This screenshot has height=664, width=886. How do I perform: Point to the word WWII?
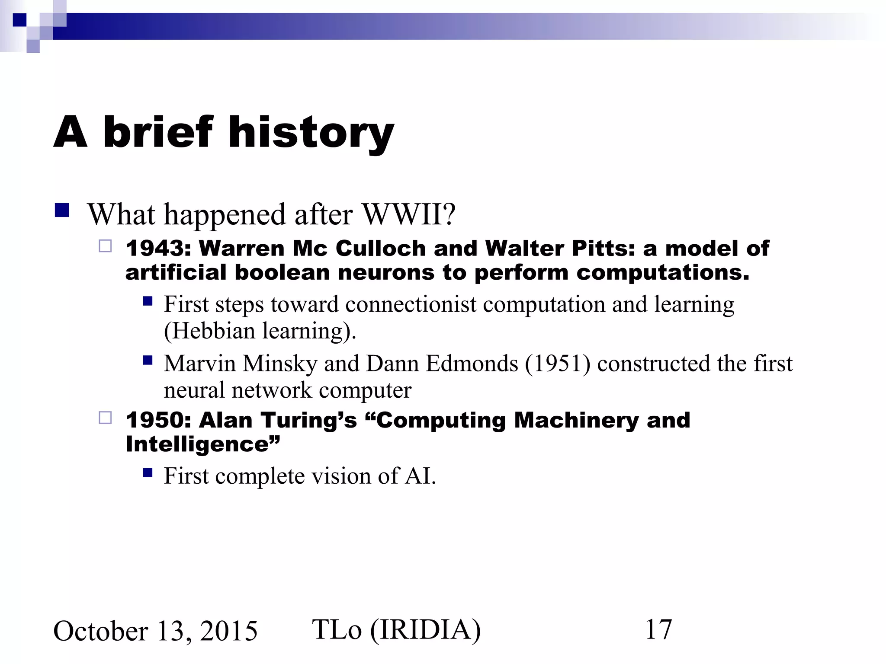pyautogui.click(x=409, y=214)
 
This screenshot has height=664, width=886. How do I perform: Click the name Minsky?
pyautogui.click(x=280, y=364)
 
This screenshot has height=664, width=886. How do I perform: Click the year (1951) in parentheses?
pyautogui.click(x=558, y=364)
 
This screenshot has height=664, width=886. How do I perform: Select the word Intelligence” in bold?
pyautogui.click(x=202, y=444)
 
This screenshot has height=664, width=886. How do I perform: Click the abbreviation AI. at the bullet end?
pyautogui.click(x=420, y=476)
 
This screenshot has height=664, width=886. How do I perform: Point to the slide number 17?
pyautogui.click(x=658, y=629)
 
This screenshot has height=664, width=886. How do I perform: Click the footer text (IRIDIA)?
pyautogui.click(x=425, y=629)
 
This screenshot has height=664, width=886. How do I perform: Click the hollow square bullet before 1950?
pyautogui.click(x=105, y=418)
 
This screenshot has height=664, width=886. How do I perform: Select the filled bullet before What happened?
pyautogui.click(x=62, y=210)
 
